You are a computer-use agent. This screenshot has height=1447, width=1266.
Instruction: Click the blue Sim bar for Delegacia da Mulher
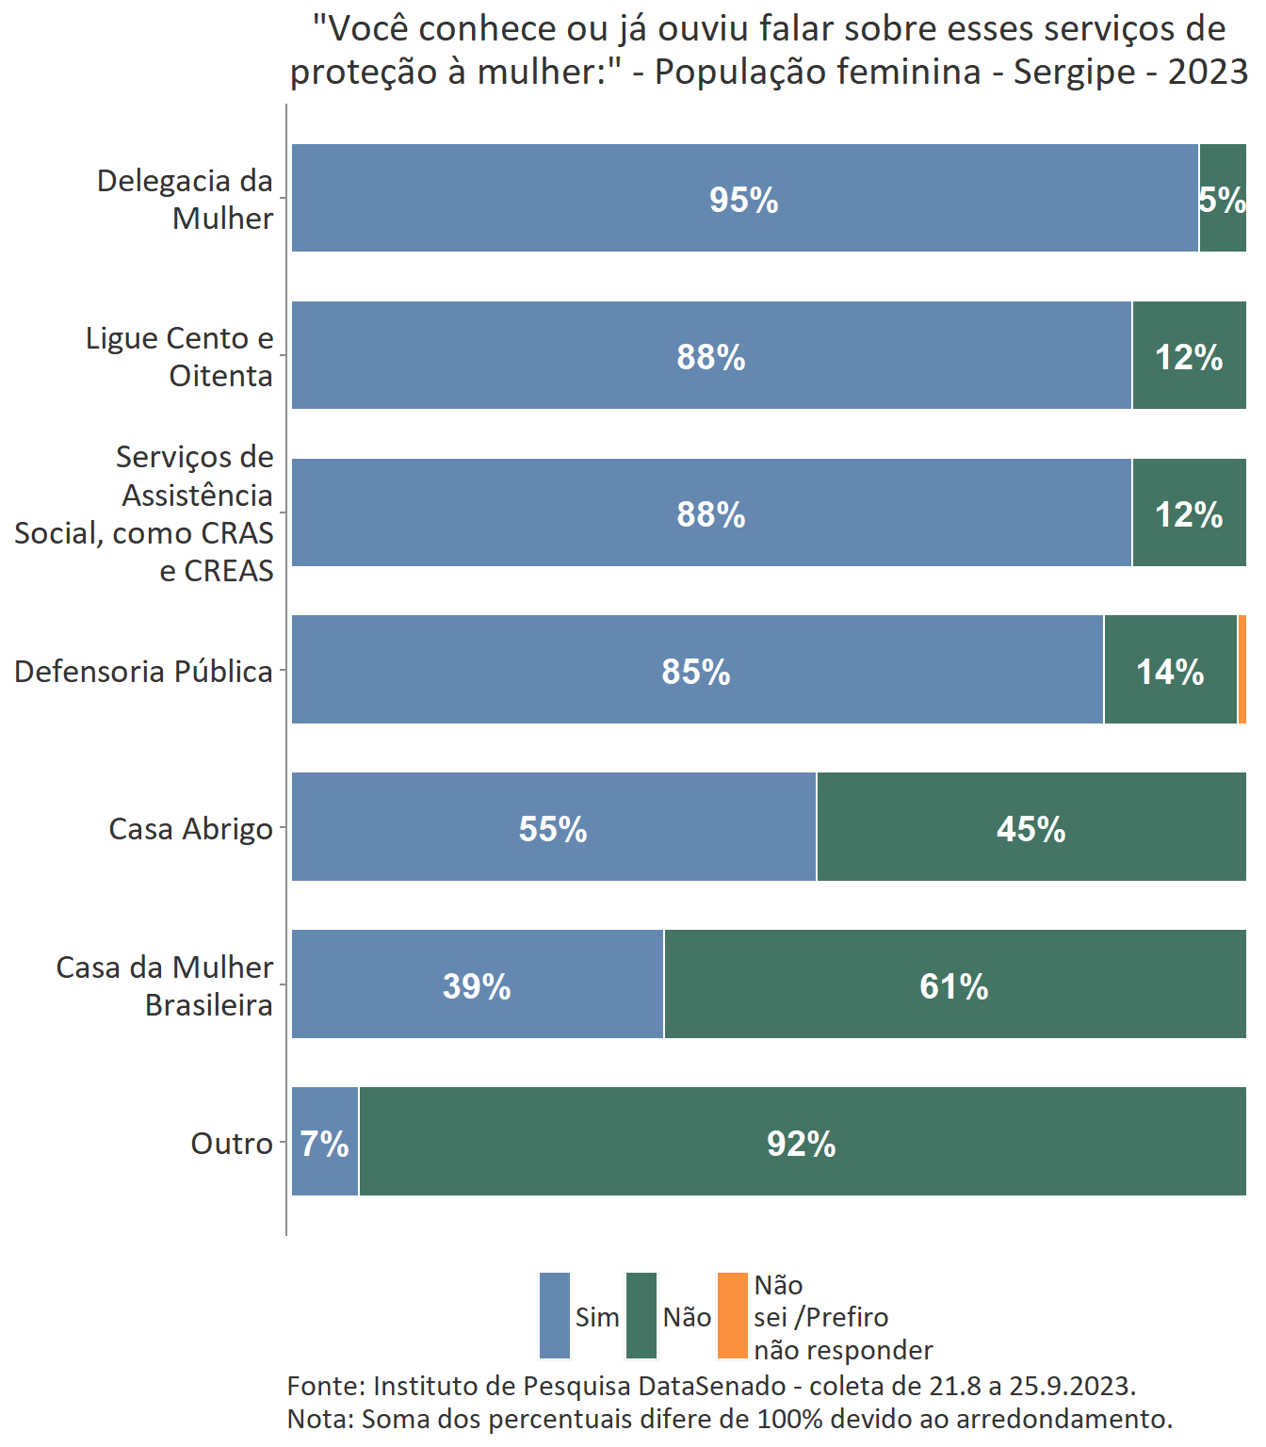tap(744, 198)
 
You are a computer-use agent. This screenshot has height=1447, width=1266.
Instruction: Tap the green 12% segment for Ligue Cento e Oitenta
tap(1189, 355)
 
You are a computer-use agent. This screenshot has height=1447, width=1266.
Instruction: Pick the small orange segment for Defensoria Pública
tap(1242, 670)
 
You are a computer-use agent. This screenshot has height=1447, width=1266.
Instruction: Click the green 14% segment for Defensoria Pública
tap(1170, 670)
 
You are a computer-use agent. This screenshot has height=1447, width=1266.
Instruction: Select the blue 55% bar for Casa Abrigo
tap(553, 827)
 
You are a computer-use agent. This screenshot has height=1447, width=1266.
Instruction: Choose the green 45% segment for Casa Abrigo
tap(1031, 827)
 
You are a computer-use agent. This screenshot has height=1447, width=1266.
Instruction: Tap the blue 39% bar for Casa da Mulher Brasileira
tap(477, 984)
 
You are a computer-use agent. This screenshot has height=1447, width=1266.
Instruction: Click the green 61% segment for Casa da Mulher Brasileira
tap(954, 984)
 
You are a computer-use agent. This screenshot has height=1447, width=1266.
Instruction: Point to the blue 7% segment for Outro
tap(324, 1142)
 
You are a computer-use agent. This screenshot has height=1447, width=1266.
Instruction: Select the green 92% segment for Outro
tap(802, 1142)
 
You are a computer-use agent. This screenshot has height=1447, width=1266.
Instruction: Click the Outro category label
tap(232, 1144)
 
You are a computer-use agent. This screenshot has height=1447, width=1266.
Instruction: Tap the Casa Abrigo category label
tap(190, 829)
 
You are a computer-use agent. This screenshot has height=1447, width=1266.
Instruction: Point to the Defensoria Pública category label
tap(143, 672)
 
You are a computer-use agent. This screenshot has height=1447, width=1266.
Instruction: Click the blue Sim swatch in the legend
tap(555, 1316)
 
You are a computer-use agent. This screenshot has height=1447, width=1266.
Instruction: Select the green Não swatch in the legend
tap(641, 1316)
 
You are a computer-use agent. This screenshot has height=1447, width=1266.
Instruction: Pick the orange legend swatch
tap(732, 1316)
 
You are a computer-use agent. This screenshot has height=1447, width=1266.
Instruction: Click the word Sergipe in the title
tap(1075, 72)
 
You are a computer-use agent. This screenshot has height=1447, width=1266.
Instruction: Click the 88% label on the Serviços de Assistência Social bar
tap(711, 514)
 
